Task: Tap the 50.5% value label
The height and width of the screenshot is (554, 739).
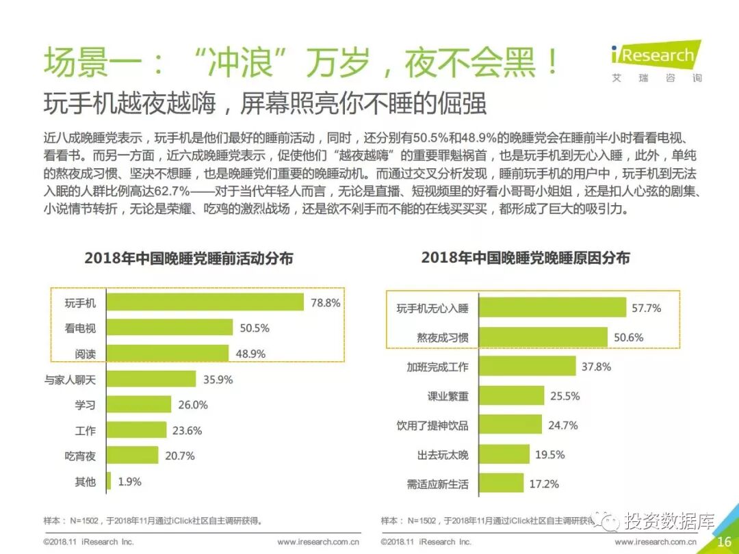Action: click(254, 328)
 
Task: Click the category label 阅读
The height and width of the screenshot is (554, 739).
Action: click(86, 354)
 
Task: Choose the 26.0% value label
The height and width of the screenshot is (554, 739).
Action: click(193, 404)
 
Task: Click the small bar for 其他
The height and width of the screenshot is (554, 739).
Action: click(108, 481)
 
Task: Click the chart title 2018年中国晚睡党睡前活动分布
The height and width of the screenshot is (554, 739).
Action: click(189, 259)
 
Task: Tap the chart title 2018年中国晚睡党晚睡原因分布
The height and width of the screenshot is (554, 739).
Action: click(526, 258)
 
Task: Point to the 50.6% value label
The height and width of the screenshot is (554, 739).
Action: click(628, 337)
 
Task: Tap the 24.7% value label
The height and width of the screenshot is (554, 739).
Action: click(562, 425)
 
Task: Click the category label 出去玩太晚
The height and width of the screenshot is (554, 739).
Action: click(443, 454)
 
